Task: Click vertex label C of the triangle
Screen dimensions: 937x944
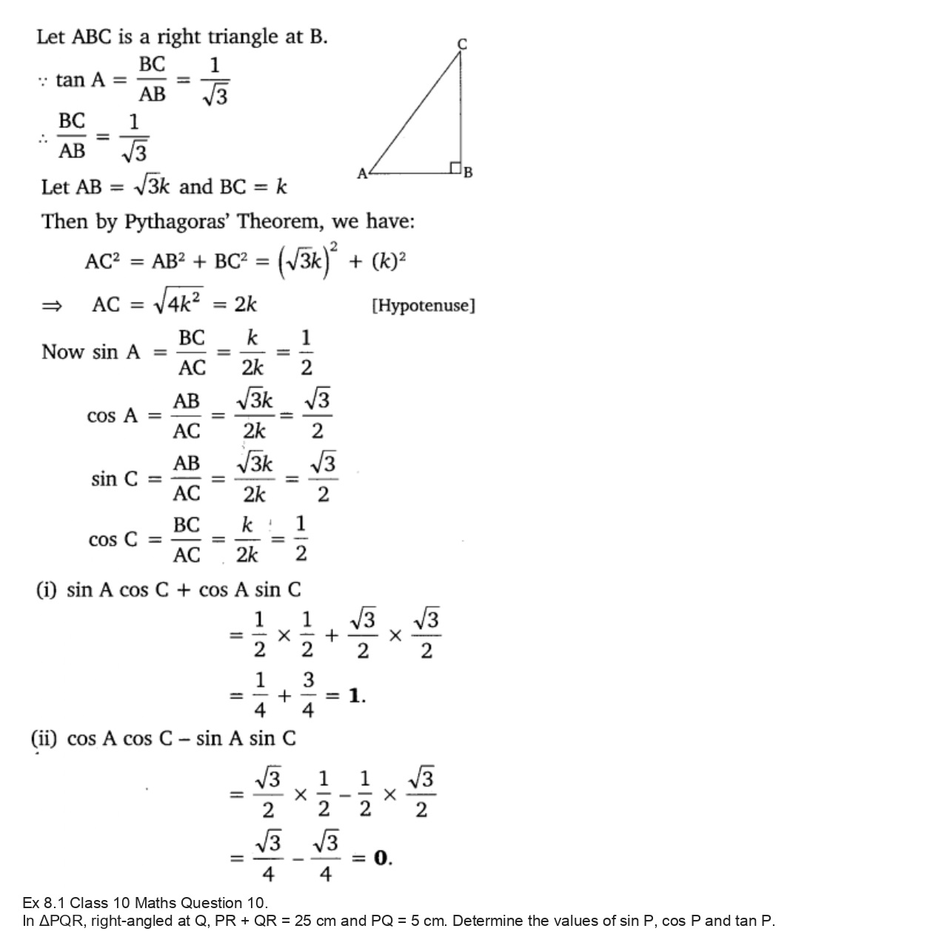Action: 462,44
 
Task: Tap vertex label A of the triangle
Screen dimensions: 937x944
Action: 362,174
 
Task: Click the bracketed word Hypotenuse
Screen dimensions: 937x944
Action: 423,305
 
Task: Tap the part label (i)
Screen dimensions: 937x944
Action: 47,590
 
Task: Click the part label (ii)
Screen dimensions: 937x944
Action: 44,739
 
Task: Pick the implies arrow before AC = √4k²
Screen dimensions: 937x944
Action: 52,305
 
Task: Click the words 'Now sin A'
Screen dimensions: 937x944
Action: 90,352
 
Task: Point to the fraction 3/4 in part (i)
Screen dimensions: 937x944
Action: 308,696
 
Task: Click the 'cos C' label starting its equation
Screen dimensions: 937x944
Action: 113,540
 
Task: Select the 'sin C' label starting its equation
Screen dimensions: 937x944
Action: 114,479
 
